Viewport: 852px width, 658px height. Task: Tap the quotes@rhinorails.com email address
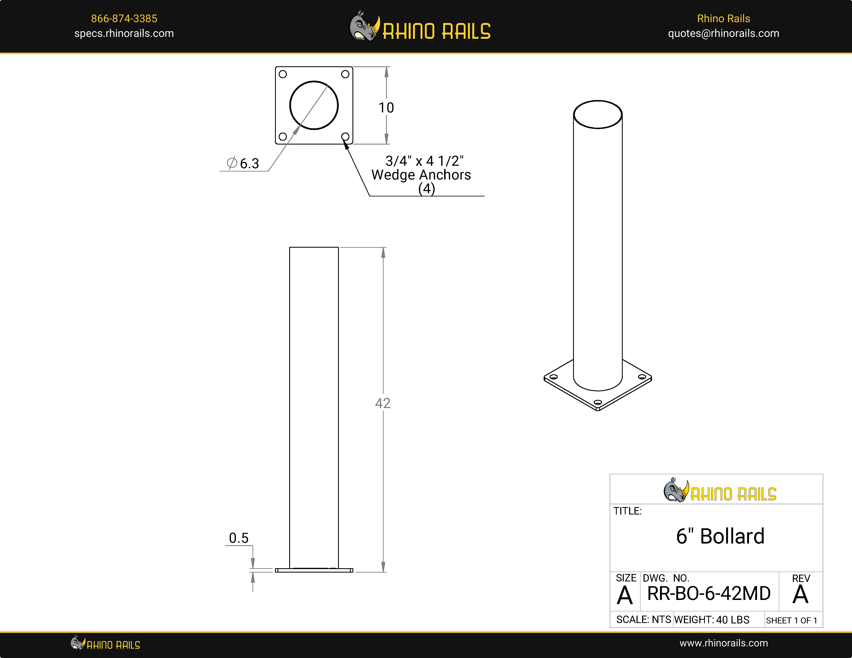(x=723, y=34)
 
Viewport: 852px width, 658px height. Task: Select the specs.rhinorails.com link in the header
(x=124, y=34)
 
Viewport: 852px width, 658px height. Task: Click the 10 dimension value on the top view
(x=386, y=108)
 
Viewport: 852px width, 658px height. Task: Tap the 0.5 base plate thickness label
(x=238, y=538)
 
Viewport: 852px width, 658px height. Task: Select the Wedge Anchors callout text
(x=421, y=175)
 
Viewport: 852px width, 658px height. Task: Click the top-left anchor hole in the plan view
(x=283, y=74)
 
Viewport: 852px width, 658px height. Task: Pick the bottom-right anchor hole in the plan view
(x=345, y=136)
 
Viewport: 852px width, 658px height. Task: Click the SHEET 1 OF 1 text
(x=791, y=620)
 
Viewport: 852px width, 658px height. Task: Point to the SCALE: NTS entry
(x=643, y=620)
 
